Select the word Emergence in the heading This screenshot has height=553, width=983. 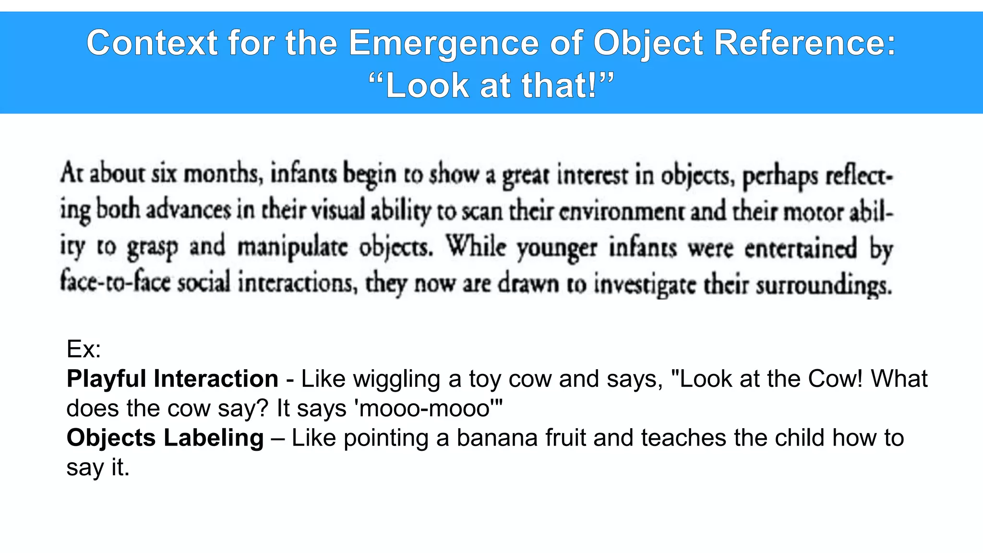(x=444, y=43)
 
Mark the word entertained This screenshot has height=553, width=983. (x=800, y=249)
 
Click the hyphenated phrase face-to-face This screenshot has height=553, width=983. (x=115, y=282)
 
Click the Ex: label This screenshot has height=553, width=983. (x=84, y=349)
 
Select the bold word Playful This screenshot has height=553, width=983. (x=107, y=379)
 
